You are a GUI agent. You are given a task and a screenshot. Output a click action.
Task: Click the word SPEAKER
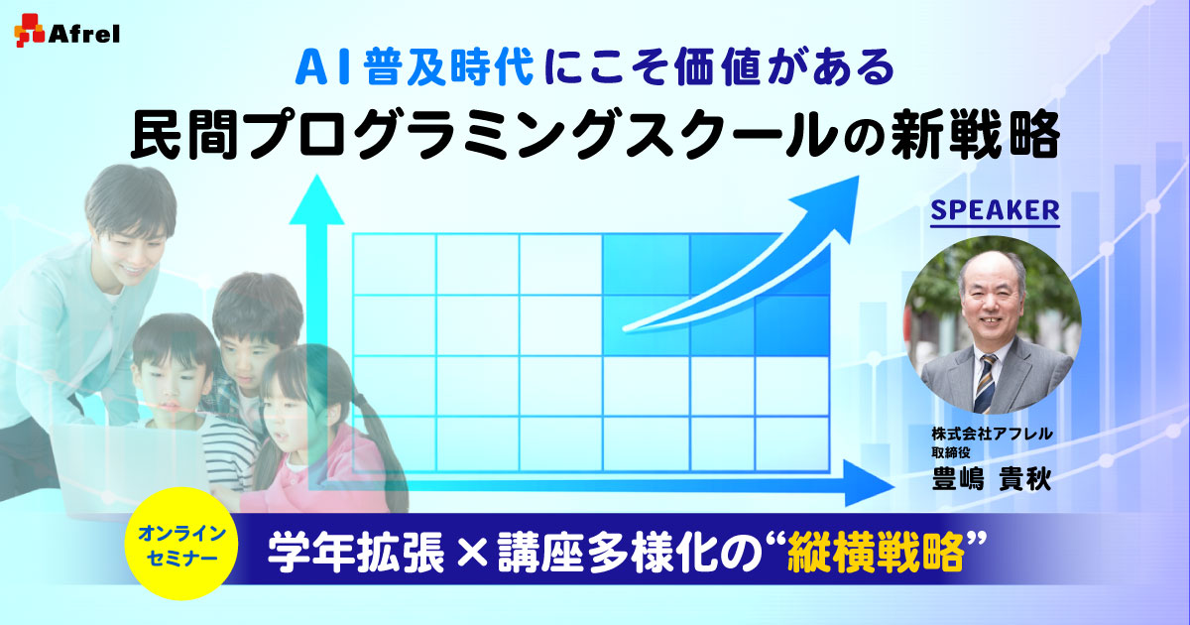[995, 211]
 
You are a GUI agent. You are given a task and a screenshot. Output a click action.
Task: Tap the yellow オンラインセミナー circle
[181, 544]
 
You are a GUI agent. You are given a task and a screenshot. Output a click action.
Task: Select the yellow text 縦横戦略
[876, 554]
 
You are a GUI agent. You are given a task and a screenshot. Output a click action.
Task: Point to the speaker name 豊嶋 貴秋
[992, 479]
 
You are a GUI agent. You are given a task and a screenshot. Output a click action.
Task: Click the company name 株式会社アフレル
[992, 434]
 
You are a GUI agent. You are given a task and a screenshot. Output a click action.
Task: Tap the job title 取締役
[951, 452]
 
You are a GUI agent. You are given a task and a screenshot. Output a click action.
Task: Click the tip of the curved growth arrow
[858, 177]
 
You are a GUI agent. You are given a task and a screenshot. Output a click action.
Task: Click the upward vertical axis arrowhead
[317, 198]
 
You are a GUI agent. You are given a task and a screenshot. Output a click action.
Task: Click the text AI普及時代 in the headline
[415, 68]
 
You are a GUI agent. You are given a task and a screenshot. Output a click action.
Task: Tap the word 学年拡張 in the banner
[356, 554]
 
